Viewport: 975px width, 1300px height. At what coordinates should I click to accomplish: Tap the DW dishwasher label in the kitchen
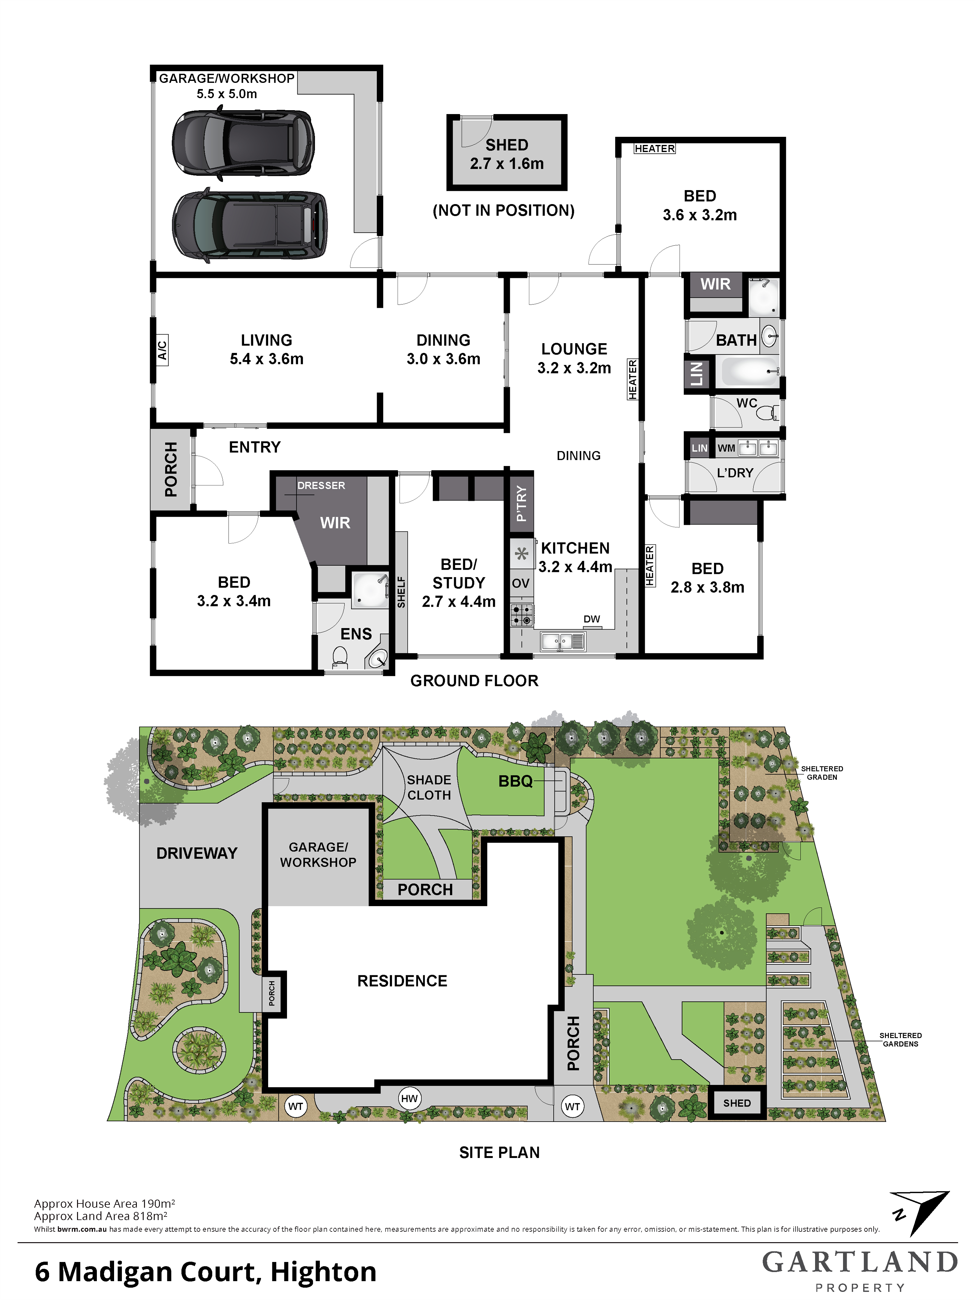[592, 619]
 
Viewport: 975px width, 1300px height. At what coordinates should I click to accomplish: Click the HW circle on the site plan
[409, 1098]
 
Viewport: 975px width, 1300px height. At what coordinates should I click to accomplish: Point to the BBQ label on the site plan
[515, 781]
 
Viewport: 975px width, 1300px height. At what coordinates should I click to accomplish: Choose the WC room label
[747, 403]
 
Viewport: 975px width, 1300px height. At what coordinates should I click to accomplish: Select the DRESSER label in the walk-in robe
[321, 486]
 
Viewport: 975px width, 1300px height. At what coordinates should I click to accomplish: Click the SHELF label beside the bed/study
[401, 592]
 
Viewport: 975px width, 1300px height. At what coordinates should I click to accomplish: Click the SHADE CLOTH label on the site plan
[429, 787]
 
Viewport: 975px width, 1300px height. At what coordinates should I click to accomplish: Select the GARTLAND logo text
[860, 1262]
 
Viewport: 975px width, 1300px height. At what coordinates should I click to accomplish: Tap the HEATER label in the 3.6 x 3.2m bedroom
[655, 149]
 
